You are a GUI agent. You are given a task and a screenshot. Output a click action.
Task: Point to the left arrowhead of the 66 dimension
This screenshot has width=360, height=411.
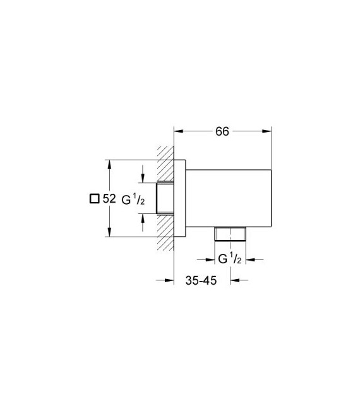point(179,132)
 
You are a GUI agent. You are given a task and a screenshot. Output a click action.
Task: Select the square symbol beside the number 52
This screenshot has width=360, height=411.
point(94,198)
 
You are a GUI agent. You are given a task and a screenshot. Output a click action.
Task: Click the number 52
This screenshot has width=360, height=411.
point(109,198)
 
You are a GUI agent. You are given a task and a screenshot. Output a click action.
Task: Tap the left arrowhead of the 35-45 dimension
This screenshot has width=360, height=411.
point(169,282)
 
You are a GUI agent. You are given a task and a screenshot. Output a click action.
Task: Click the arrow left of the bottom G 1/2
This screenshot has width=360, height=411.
point(208,258)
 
